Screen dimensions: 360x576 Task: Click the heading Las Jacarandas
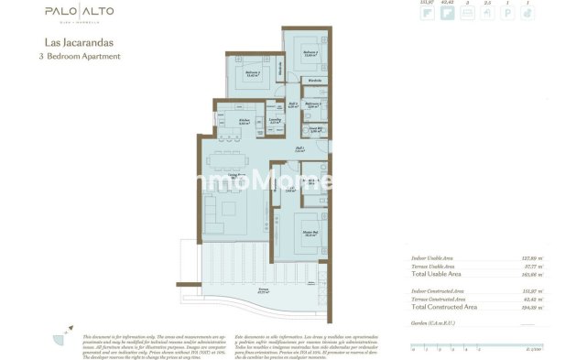coord(74,42)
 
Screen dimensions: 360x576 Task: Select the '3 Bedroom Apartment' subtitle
coord(82,56)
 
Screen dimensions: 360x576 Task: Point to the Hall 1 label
coord(299,149)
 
